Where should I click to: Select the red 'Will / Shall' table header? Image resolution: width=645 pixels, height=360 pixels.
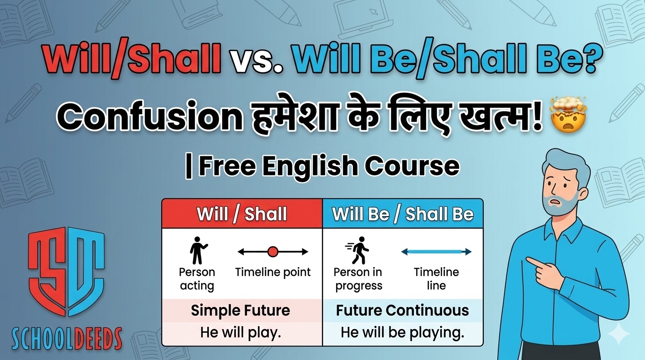coord(242,214)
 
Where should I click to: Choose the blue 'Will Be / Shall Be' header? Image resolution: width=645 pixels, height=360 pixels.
coord(403,214)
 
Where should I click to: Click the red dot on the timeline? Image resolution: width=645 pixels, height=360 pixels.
coord(273,252)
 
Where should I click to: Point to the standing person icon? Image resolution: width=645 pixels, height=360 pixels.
coord(198,251)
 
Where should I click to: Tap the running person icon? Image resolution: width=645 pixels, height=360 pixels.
coord(357,251)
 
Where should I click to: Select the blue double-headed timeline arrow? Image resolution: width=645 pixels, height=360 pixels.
coord(436,252)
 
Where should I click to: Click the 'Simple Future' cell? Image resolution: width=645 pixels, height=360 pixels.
coord(240,310)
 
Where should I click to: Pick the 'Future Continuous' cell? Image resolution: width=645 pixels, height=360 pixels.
coord(403,310)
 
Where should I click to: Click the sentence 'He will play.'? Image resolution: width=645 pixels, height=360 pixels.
coord(240,333)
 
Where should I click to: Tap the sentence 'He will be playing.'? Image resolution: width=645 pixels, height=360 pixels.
coord(403,333)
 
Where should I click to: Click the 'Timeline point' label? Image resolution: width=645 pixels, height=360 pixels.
coord(273,272)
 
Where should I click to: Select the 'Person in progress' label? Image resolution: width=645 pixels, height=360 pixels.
coord(358,279)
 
